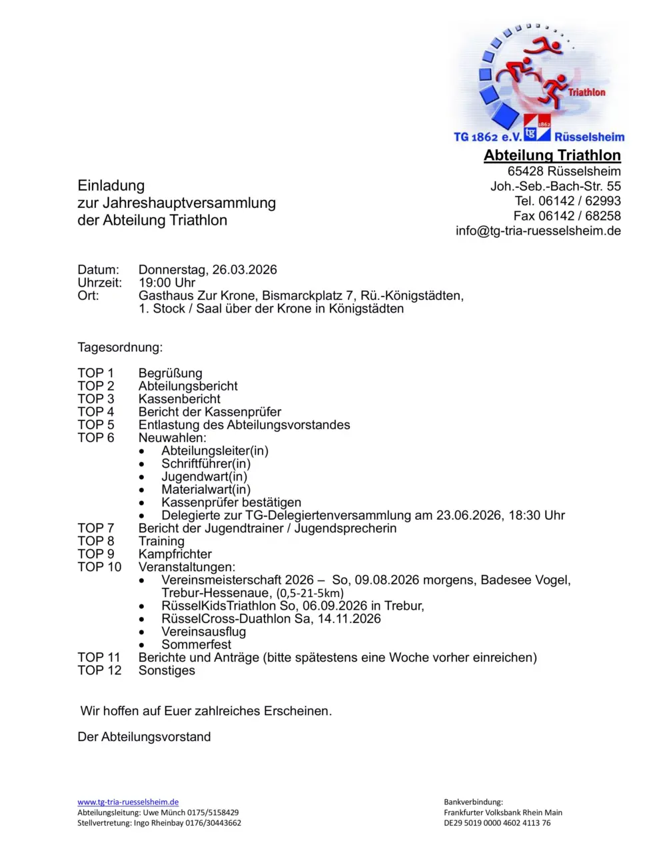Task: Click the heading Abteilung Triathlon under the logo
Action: click(x=552, y=155)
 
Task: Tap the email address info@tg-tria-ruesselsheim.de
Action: click(x=538, y=231)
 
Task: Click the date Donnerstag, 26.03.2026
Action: click(x=207, y=270)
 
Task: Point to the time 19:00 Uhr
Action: click(x=167, y=283)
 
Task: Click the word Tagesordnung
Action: click(x=120, y=347)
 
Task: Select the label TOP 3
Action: click(x=95, y=399)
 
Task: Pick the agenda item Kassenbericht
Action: click(x=179, y=399)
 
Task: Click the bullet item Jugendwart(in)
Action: click(x=204, y=476)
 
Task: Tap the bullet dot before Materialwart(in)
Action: click(x=142, y=490)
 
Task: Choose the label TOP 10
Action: click(x=99, y=567)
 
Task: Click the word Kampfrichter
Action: click(x=175, y=554)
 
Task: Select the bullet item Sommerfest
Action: click(x=196, y=644)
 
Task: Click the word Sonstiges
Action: click(x=167, y=670)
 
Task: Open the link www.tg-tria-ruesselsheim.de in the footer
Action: click(x=128, y=802)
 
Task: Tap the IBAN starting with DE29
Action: click(x=497, y=822)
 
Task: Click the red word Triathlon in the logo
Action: click(x=586, y=92)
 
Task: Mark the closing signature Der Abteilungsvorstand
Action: click(x=144, y=736)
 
